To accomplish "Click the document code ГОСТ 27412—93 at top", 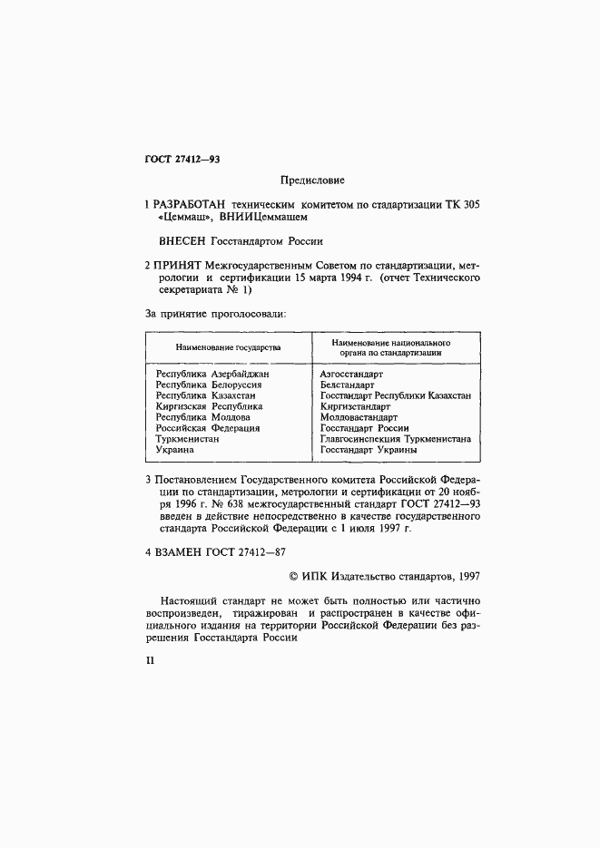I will [x=182, y=160].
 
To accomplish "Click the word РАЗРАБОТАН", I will [x=192, y=204].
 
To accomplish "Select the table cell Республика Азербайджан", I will [x=212, y=374].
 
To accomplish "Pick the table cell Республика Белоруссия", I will [x=209, y=385].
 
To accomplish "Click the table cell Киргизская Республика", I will [x=209, y=406].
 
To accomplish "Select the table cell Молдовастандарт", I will [x=359, y=417].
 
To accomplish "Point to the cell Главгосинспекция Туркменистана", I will [x=395, y=439].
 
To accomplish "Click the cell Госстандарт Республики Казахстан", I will [x=395, y=395].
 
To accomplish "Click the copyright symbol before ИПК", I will [x=292, y=574].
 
